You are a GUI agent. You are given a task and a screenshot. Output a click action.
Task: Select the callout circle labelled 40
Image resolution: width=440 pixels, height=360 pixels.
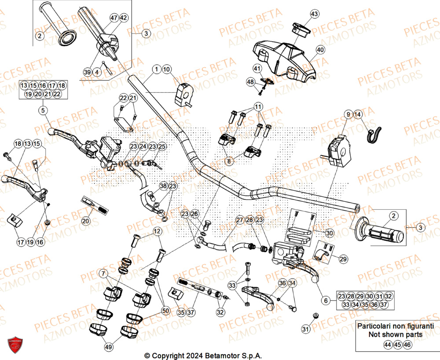[320, 50]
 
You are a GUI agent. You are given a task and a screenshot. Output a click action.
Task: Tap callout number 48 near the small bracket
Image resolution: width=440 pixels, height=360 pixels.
[250, 82]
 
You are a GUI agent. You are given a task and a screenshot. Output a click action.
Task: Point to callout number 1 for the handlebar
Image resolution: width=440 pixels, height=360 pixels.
[156, 69]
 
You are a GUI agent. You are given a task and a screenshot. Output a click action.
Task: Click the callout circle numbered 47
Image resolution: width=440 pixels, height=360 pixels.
[114, 18]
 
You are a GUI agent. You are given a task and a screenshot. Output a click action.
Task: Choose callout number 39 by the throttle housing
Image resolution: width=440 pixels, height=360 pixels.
[87, 72]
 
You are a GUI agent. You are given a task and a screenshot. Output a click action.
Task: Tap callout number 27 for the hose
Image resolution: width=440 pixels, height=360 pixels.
[239, 220]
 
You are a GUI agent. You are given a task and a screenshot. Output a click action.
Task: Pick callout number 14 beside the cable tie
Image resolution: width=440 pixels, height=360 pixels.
[358, 115]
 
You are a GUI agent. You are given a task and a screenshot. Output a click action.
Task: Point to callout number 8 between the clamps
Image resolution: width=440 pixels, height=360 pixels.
[228, 161]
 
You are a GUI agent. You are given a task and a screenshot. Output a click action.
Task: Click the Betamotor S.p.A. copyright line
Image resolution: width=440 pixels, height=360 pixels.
[206, 355]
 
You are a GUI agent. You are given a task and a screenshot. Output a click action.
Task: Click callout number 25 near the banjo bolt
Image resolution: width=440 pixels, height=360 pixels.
[162, 146]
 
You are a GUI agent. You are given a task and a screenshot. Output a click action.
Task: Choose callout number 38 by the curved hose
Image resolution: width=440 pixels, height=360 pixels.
[163, 186]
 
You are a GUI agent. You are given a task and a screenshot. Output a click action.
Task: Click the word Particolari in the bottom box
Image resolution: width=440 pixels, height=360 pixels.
[374, 326]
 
